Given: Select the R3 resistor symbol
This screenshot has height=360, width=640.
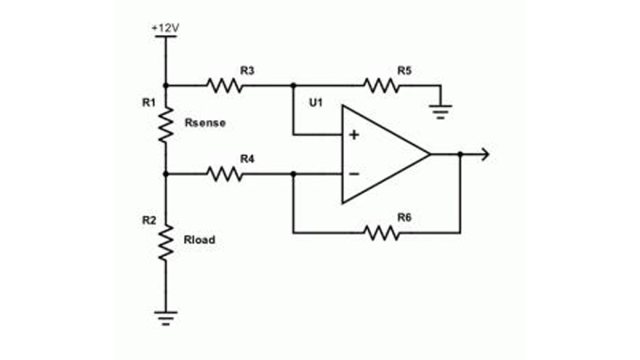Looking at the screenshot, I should pos(225,85).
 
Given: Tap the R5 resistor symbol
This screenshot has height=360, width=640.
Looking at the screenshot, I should pos(382,85).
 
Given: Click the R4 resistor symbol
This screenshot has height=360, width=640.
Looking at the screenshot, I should pos(225,173).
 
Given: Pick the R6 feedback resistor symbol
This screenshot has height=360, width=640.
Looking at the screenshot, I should pos(382,233).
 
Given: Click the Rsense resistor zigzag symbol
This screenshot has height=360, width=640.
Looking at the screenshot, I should pos(166,126).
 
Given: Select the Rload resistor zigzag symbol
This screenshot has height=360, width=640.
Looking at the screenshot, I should pos(166,242).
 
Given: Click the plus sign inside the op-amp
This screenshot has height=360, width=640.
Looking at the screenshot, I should pos(354,134).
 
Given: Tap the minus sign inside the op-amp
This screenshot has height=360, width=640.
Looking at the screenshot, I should pos(354,173).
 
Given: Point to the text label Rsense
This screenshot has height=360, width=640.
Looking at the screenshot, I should pos(205,123).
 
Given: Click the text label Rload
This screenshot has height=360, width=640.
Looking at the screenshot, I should pos(200,239).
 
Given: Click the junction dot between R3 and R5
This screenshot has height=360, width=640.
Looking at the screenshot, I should pos(294,85).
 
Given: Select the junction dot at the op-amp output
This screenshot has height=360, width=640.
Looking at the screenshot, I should pos(460,154).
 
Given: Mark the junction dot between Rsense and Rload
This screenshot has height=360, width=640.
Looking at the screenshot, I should pos(166,173).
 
